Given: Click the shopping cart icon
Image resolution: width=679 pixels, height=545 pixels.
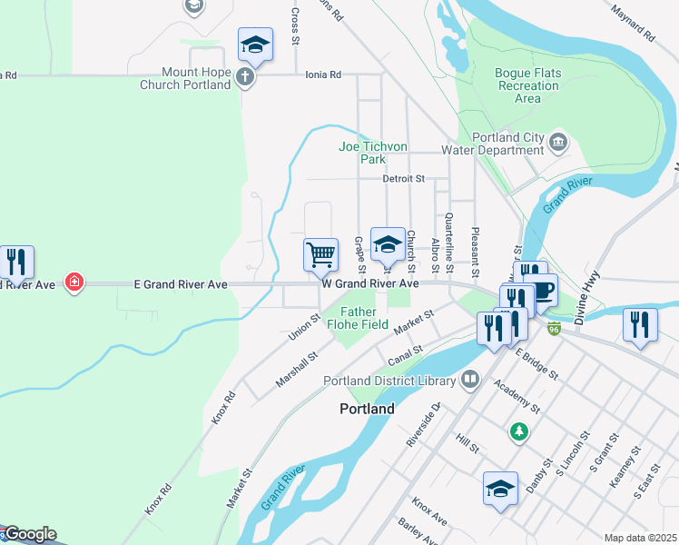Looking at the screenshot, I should point(320,255).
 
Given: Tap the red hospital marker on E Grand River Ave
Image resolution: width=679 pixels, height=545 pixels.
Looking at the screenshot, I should point(74,282).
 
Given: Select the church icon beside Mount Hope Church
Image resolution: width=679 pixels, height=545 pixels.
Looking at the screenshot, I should point(245,77).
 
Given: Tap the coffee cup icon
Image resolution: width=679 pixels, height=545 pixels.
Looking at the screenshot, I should point(543,291).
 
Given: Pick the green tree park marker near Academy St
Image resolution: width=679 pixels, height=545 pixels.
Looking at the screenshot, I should point(518,431).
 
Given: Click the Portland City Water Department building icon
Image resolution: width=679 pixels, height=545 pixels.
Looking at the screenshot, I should point(558,141).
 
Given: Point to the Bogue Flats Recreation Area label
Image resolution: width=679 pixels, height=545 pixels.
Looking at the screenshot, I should point(527,85).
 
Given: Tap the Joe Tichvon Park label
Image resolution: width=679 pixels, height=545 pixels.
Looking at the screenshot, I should point(373,153).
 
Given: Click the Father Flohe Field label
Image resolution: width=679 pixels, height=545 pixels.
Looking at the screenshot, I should point(364,318).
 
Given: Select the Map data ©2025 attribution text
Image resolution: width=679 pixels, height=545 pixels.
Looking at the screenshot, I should point(640,538).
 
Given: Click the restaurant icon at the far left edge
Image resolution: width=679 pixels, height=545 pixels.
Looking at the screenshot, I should point(16,262).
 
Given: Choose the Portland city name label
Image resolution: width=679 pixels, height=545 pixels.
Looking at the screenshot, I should point(367,409).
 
